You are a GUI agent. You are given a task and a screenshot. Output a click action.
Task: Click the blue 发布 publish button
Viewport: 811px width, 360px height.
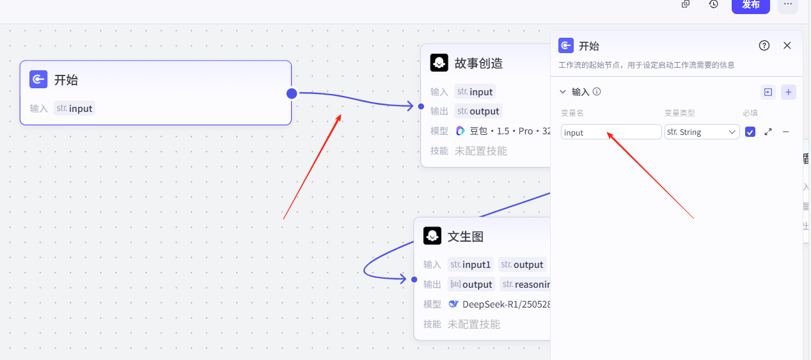pyautogui.click(x=750, y=4)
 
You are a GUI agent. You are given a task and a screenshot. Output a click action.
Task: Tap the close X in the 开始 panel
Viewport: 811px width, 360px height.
pyautogui.click(x=787, y=45)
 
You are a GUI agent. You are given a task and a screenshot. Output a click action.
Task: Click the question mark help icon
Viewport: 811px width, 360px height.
pyautogui.click(x=764, y=45)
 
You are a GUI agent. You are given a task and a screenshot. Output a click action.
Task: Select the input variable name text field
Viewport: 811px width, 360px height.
pyautogui.click(x=611, y=132)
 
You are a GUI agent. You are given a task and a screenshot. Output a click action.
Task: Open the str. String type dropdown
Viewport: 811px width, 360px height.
pyautogui.click(x=702, y=132)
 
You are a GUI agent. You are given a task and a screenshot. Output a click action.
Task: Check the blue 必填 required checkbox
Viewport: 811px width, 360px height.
pyautogui.click(x=750, y=132)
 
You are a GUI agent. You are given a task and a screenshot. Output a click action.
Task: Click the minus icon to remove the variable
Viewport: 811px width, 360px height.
pyautogui.click(x=786, y=132)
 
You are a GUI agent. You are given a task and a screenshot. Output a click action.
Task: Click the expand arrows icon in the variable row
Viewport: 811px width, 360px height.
pyautogui.click(x=768, y=132)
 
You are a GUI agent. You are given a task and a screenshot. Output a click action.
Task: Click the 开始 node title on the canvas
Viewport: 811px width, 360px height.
pyautogui.click(x=66, y=80)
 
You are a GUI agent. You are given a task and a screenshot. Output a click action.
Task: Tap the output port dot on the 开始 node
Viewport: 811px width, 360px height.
pyautogui.click(x=292, y=93)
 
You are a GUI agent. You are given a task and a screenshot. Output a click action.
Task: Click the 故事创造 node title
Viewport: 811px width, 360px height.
pyautogui.click(x=478, y=63)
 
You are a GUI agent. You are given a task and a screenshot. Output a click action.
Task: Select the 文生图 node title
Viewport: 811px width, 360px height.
pyautogui.click(x=465, y=237)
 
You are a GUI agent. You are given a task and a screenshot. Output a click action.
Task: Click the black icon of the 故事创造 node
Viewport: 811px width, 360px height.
pyautogui.click(x=439, y=63)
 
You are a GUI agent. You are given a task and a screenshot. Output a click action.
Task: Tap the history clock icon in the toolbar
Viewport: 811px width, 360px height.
pyautogui.click(x=714, y=4)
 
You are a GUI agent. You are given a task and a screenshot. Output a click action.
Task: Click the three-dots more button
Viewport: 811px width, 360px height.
pyautogui.click(x=788, y=4)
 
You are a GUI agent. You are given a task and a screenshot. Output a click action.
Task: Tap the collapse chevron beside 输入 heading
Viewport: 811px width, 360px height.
pyautogui.click(x=563, y=92)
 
